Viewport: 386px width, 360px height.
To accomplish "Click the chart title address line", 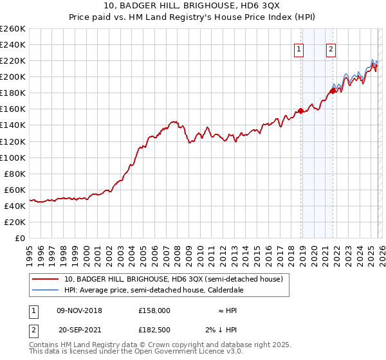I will point(193,6).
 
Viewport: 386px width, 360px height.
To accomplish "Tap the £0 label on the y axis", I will point(21,238).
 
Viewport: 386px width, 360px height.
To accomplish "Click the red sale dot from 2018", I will point(301,111).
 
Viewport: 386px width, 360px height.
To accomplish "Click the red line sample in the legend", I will point(46,280).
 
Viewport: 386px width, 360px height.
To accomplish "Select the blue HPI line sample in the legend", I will point(46,291).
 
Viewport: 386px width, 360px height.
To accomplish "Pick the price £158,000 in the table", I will point(154,310).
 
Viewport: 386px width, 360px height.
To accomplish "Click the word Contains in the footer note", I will point(44,345).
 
